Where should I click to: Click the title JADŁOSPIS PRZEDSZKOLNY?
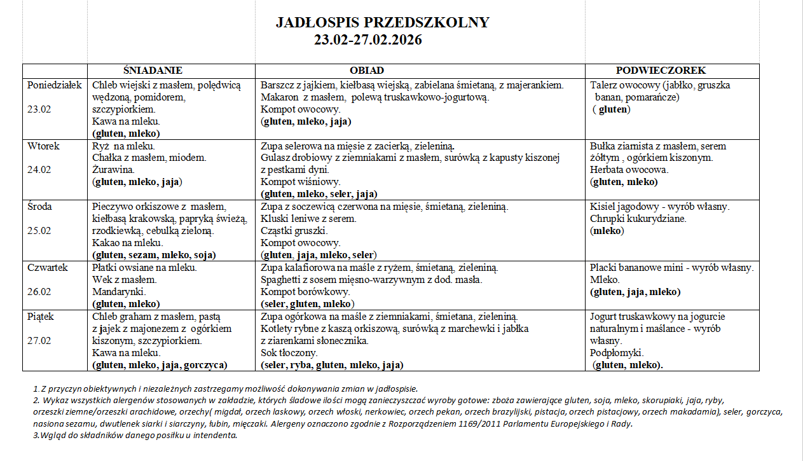pyautogui.click(x=382, y=23)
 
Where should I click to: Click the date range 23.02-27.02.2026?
pyautogui.click(x=368, y=40)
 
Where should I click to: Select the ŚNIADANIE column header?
pyautogui.click(x=153, y=71)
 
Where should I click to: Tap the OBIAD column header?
pyautogui.click(x=367, y=71)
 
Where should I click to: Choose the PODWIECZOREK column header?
pyautogui.click(x=661, y=71)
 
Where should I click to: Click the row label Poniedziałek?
pyautogui.click(x=55, y=85)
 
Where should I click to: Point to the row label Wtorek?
pyautogui.click(x=43, y=146)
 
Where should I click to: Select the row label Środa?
pyautogui.click(x=39, y=207)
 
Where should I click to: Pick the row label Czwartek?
pyautogui.click(x=47, y=268)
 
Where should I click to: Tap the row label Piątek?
pyautogui.click(x=41, y=316)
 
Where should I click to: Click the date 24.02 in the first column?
pyautogui.click(x=39, y=170)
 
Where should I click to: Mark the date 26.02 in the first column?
pyautogui.click(x=39, y=292)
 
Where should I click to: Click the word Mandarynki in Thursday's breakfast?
pyautogui.click(x=118, y=292)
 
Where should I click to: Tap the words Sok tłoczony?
pyautogui.click(x=289, y=353)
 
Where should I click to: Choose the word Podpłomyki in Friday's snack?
pyautogui.click(x=617, y=353)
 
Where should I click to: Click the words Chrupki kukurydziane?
pyautogui.click(x=638, y=219)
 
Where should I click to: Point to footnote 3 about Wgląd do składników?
pyautogui.click(x=135, y=436)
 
